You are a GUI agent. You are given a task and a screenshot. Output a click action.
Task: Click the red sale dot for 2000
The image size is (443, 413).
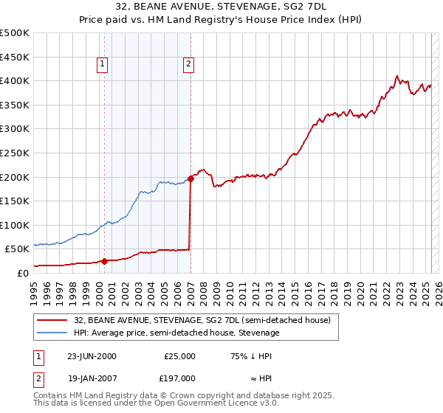click(x=104, y=260)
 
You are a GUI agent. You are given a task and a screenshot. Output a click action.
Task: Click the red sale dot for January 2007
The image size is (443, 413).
click(x=190, y=178)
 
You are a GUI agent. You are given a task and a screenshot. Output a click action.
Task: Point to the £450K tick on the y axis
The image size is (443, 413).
click(x=15, y=57)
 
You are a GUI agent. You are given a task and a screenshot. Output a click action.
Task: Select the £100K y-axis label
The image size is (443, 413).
click(x=15, y=225)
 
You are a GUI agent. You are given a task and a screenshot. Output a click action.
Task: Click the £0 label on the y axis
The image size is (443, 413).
click(x=22, y=273)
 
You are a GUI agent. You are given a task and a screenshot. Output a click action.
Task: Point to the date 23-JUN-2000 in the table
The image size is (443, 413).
click(x=92, y=356)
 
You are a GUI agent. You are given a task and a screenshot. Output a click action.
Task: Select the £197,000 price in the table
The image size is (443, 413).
click(x=179, y=378)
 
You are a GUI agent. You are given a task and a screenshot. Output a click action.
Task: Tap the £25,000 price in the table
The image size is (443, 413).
click(x=179, y=356)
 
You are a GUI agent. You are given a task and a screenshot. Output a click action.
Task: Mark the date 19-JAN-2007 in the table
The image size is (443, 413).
click(x=92, y=378)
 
